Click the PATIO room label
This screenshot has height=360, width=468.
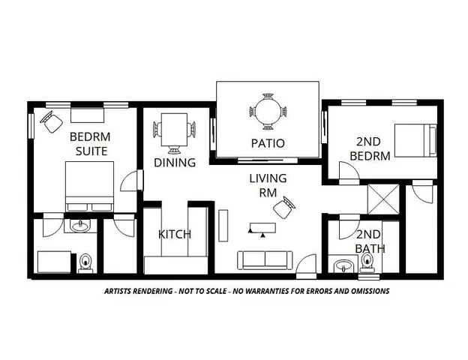click(x=267, y=143)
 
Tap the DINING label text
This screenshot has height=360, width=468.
click(x=175, y=162)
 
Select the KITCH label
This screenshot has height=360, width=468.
click(x=175, y=234)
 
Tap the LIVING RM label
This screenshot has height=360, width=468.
click(x=268, y=184)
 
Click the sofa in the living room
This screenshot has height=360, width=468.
click(x=265, y=260)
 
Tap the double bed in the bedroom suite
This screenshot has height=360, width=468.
click(x=89, y=187)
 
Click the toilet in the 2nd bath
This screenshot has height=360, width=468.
click(x=368, y=261)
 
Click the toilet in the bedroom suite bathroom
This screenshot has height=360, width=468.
click(x=85, y=262)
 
